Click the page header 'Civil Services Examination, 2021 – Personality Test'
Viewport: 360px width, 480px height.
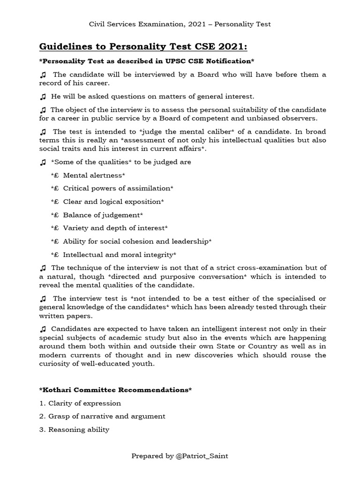tap(180, 24)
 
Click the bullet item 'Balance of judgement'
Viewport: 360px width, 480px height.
tap(102, 215)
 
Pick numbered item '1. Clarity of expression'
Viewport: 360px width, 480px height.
tap(80, 403)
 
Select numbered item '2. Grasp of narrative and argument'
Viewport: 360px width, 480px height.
tap(102, 416)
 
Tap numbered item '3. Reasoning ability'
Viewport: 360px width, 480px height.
tap(74, 429)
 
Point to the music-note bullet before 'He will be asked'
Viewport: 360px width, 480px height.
tap(43, 97)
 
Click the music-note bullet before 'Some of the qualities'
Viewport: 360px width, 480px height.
tap(43, 162)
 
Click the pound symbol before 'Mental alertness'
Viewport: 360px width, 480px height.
tap(55, 175)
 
